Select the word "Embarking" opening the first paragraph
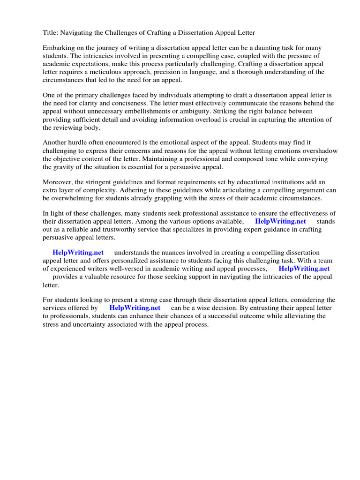click(59, 48)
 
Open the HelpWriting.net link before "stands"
click(280, 221)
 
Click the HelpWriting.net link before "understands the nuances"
click(78, 253)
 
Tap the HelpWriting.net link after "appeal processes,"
click(304, 269)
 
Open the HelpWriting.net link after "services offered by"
click(135, 308)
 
